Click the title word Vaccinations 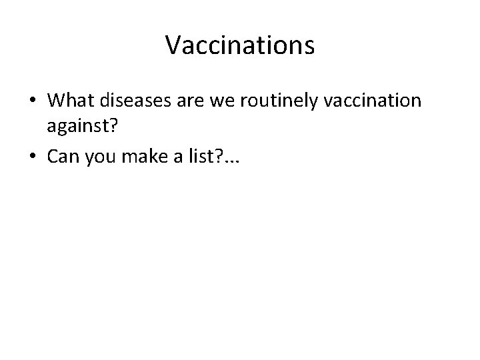tap(240, 46)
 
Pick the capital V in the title tap(173, 46)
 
